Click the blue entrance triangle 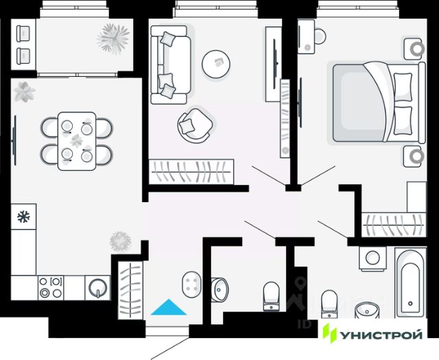coord(169,308)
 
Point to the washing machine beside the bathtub coord(373,259)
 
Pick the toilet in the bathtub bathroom coord(330,301)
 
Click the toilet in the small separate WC coord(272,296)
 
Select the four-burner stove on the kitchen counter coord(51,287)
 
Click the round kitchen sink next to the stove coord(97,287)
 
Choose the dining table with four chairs coord(76,140)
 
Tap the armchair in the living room coord(194,124)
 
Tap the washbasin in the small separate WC coord(220,288)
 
